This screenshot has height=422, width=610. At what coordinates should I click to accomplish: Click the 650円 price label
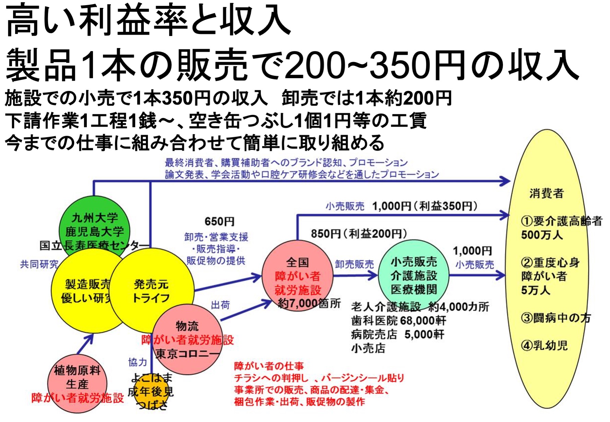(220, 221)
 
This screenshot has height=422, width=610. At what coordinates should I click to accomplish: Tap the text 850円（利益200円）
(359, 234)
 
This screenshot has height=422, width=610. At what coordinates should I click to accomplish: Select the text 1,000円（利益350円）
(424, 206)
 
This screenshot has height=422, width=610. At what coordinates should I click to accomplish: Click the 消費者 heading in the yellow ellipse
(547, 193)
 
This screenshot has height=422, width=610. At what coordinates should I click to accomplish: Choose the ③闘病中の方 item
(555, 318)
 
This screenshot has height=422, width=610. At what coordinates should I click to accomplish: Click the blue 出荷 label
(220, 305)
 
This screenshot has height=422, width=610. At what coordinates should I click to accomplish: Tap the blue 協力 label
(137, 362)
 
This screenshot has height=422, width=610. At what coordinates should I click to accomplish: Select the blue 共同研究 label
(39, 264)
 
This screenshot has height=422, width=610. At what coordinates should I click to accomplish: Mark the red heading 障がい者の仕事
(269, 366)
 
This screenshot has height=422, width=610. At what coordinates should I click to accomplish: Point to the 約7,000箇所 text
(309, 303)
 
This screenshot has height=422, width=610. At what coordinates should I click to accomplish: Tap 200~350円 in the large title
(374, 65)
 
